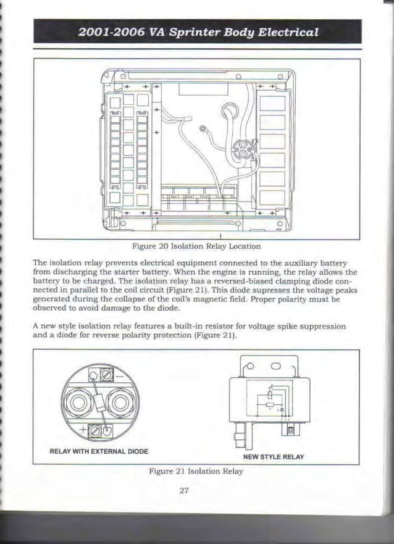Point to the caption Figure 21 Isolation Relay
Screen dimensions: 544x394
pyautogui.click(x=196, y=471)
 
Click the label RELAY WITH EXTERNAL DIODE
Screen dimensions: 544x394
pyautogui.click(x=99, y=451)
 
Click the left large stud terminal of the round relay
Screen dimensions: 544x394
pyautogui.click(x=80, y=404)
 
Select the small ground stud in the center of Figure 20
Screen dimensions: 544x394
pyautogui.click(x=204, y=128)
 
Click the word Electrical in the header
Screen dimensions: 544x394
pyautogui.click(x=282, y=32)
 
